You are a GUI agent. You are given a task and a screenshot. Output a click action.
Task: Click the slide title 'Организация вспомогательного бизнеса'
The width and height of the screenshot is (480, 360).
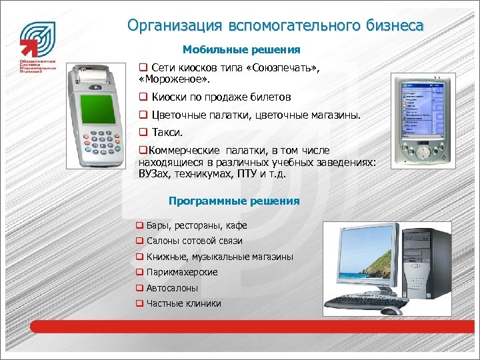pos(275,26)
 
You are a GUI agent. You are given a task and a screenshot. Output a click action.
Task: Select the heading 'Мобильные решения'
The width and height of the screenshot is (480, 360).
pos(241,50)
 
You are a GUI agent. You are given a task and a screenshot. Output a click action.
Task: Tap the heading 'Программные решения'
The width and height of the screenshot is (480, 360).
pos(234,201)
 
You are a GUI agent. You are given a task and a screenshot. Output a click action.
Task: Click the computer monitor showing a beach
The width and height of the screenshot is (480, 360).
pos(361,259)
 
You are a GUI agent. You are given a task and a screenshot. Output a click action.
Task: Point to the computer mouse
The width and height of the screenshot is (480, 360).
pos(392,310)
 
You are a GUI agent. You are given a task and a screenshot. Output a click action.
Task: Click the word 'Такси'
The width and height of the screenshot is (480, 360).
pos(167,133)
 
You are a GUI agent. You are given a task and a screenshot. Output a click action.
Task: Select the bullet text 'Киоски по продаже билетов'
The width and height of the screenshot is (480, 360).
pos(221,97)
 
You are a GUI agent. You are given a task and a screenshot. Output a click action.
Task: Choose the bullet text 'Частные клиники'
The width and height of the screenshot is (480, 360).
pos(183,303)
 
